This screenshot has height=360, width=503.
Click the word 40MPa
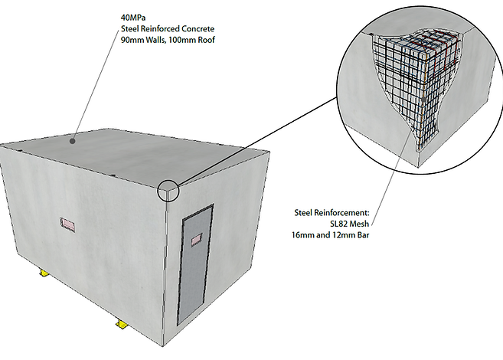(134, 16)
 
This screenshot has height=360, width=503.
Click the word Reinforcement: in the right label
(353, 212)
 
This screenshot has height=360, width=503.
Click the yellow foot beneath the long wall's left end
(45, 273)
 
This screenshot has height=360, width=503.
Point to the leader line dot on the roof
(73, 140)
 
